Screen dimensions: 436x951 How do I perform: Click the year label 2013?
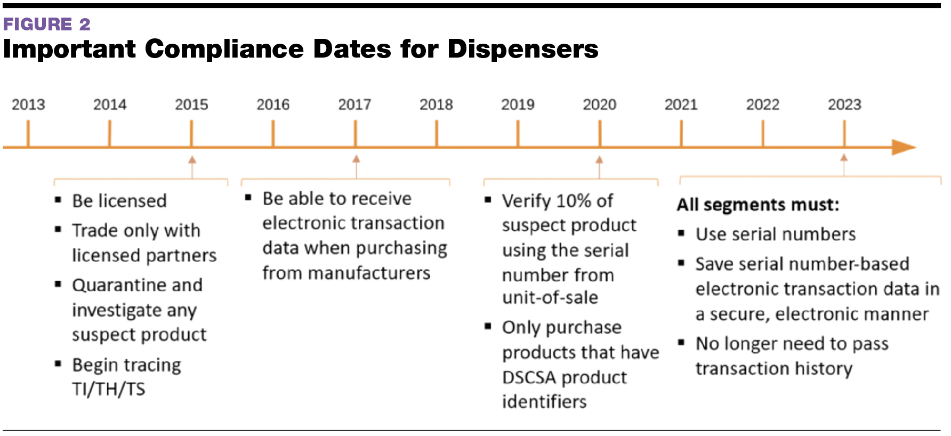pos(28,104)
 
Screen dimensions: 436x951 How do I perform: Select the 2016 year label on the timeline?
pos(273,104)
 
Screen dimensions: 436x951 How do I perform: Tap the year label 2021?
pos(681,104)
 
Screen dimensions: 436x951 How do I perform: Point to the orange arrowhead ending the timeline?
pos(904,147)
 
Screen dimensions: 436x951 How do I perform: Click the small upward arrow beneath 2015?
pos(192,160)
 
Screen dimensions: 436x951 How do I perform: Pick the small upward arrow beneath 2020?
pos(599,160)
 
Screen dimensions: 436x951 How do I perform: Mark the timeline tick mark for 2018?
pos(437,133)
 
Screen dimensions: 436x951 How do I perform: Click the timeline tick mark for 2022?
pos(763,133)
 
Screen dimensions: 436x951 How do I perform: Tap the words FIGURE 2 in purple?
pos(47,24)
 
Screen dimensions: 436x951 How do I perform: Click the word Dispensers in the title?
pos(522,49)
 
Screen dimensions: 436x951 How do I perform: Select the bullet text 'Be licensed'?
pos(119,201)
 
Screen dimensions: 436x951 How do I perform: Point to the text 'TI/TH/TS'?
pos(109,389)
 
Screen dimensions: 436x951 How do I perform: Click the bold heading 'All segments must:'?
pos(758,205)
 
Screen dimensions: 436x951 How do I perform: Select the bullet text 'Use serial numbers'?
pos(776,235)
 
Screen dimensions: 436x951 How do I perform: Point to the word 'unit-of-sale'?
pos(550,297)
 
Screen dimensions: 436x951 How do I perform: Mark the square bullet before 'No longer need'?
pos(681,342)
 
